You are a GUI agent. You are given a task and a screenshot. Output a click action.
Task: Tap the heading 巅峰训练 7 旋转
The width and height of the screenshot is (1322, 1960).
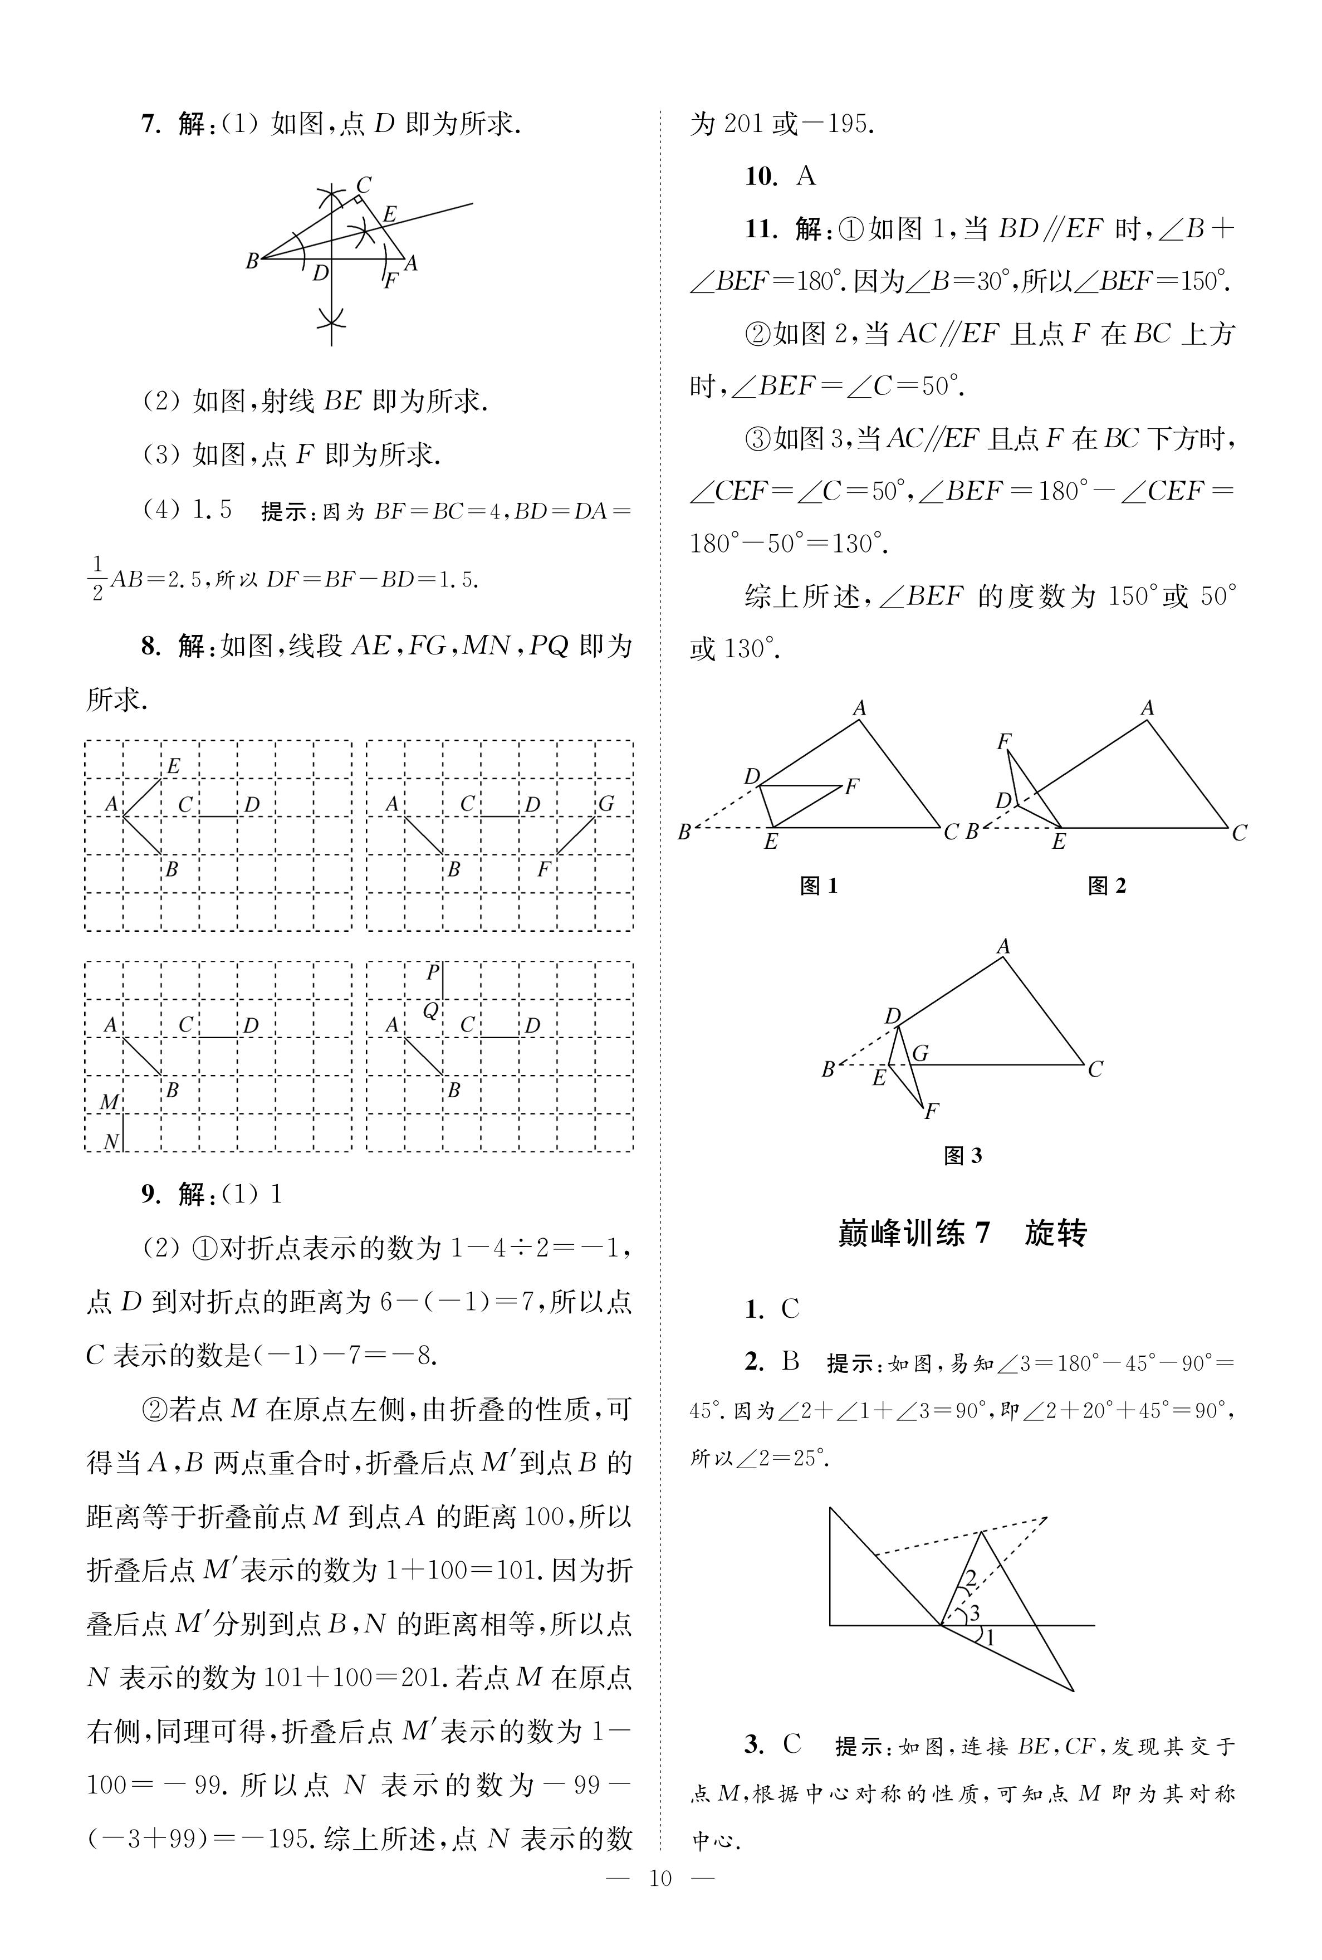click(962, 1233)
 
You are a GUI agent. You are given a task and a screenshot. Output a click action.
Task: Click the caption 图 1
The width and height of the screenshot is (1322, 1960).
click(818, 885)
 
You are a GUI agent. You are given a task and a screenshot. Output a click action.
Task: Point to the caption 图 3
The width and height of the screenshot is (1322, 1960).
click(962, 1155)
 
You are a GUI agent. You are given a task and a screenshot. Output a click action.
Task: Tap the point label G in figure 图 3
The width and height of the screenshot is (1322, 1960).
click(920, 1053)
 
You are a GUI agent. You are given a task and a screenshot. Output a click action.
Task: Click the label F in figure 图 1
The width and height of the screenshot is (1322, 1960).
click(851, 786)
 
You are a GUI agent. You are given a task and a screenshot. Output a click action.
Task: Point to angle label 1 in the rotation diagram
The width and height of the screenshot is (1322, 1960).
click(991, 1637)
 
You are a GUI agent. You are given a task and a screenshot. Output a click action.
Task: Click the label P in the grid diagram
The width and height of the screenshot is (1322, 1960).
click(433, 972)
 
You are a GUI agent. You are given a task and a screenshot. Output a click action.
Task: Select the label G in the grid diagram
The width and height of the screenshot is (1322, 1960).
click(605, 803)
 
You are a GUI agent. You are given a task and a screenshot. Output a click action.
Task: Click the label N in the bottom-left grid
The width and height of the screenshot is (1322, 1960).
click(110, 1141)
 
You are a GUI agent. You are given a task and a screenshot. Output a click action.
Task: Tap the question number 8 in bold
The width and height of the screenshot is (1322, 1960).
click(150, 647)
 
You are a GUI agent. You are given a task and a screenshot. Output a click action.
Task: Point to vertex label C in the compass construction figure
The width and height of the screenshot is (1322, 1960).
click(364, 184)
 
